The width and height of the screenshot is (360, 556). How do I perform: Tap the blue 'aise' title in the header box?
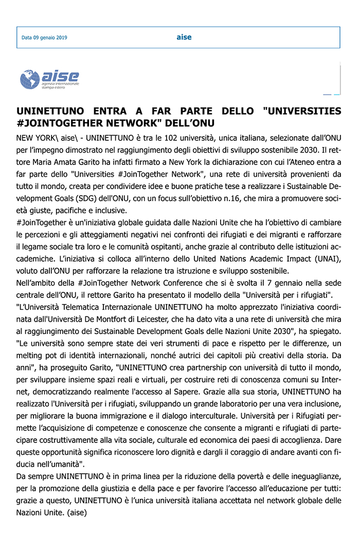(x=184, y=37)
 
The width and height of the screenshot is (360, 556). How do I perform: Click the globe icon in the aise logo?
(x=30, y=80)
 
